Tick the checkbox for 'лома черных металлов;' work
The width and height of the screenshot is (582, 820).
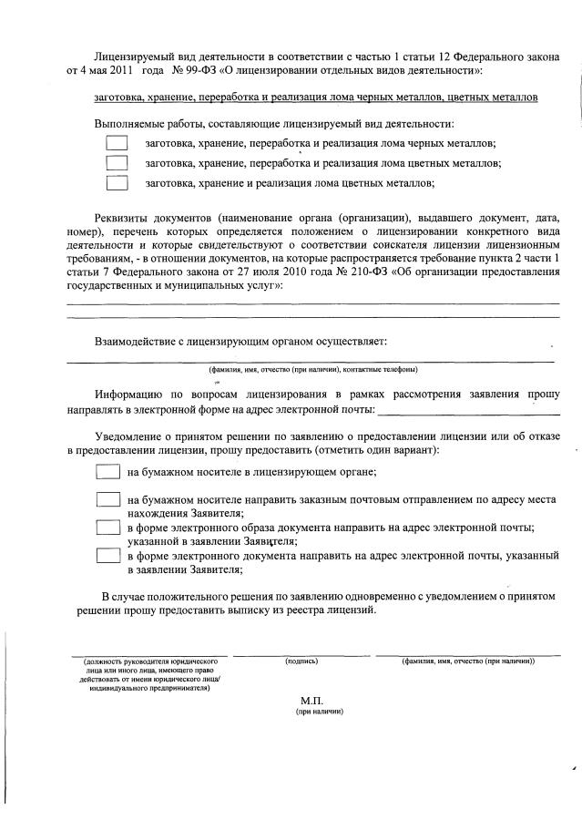pos(117,143)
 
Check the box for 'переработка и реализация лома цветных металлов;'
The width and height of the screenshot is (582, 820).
pos(117,162)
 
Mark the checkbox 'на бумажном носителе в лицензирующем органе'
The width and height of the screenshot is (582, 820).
pos(108,472)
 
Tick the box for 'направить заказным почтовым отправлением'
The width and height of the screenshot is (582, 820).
pos(108,500)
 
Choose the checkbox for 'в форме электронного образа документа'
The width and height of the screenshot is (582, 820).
pos(108,528)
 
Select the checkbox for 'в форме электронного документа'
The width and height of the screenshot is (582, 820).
pos(108,555)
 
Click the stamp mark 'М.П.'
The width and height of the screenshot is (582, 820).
pos(312,700)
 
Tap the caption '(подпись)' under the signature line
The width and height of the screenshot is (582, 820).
pos(301,660)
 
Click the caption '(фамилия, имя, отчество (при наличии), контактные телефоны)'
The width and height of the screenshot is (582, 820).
pos(312,369)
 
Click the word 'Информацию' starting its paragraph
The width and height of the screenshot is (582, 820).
pos(129,394)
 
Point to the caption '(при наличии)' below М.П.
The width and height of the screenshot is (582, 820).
pos(312,712)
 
